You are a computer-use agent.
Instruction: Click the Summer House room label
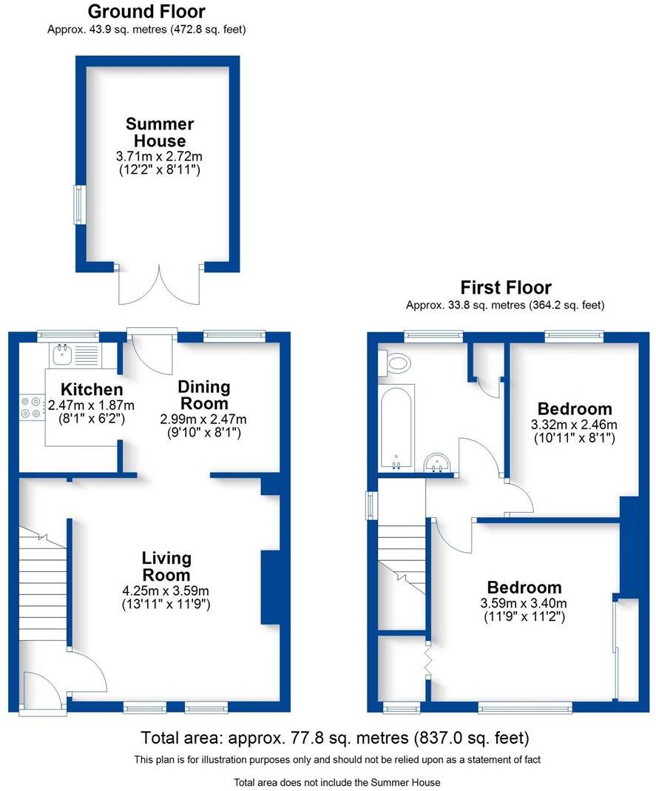pyautogui.click(x=160, y=132)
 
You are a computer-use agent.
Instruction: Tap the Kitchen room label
pyautogui.click(x=91, y=389)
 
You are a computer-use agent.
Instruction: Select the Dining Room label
pyautogui.click(x=204, y=395)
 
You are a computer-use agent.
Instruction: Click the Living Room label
pyautogui.click(x=166, y=566)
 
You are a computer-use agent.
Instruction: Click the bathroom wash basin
pyautogui.click(x=439, y=462)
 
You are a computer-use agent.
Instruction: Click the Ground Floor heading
pyautogui.click(x=146, y=12)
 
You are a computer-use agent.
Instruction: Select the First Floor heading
pyautogui.click(x=506, y=287)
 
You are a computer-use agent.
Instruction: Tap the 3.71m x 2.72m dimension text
pyautogui.click(x=160, y=156)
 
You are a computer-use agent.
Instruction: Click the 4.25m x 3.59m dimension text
pyautogui.click(x=166, y=590)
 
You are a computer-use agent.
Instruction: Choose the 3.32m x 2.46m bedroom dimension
pyautogui.click(x=574, y=425)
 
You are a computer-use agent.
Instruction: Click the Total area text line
pyautogui.click(x=335, y=738)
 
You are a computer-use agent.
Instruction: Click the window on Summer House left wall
pyautogui.click(x=78, y=204)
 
